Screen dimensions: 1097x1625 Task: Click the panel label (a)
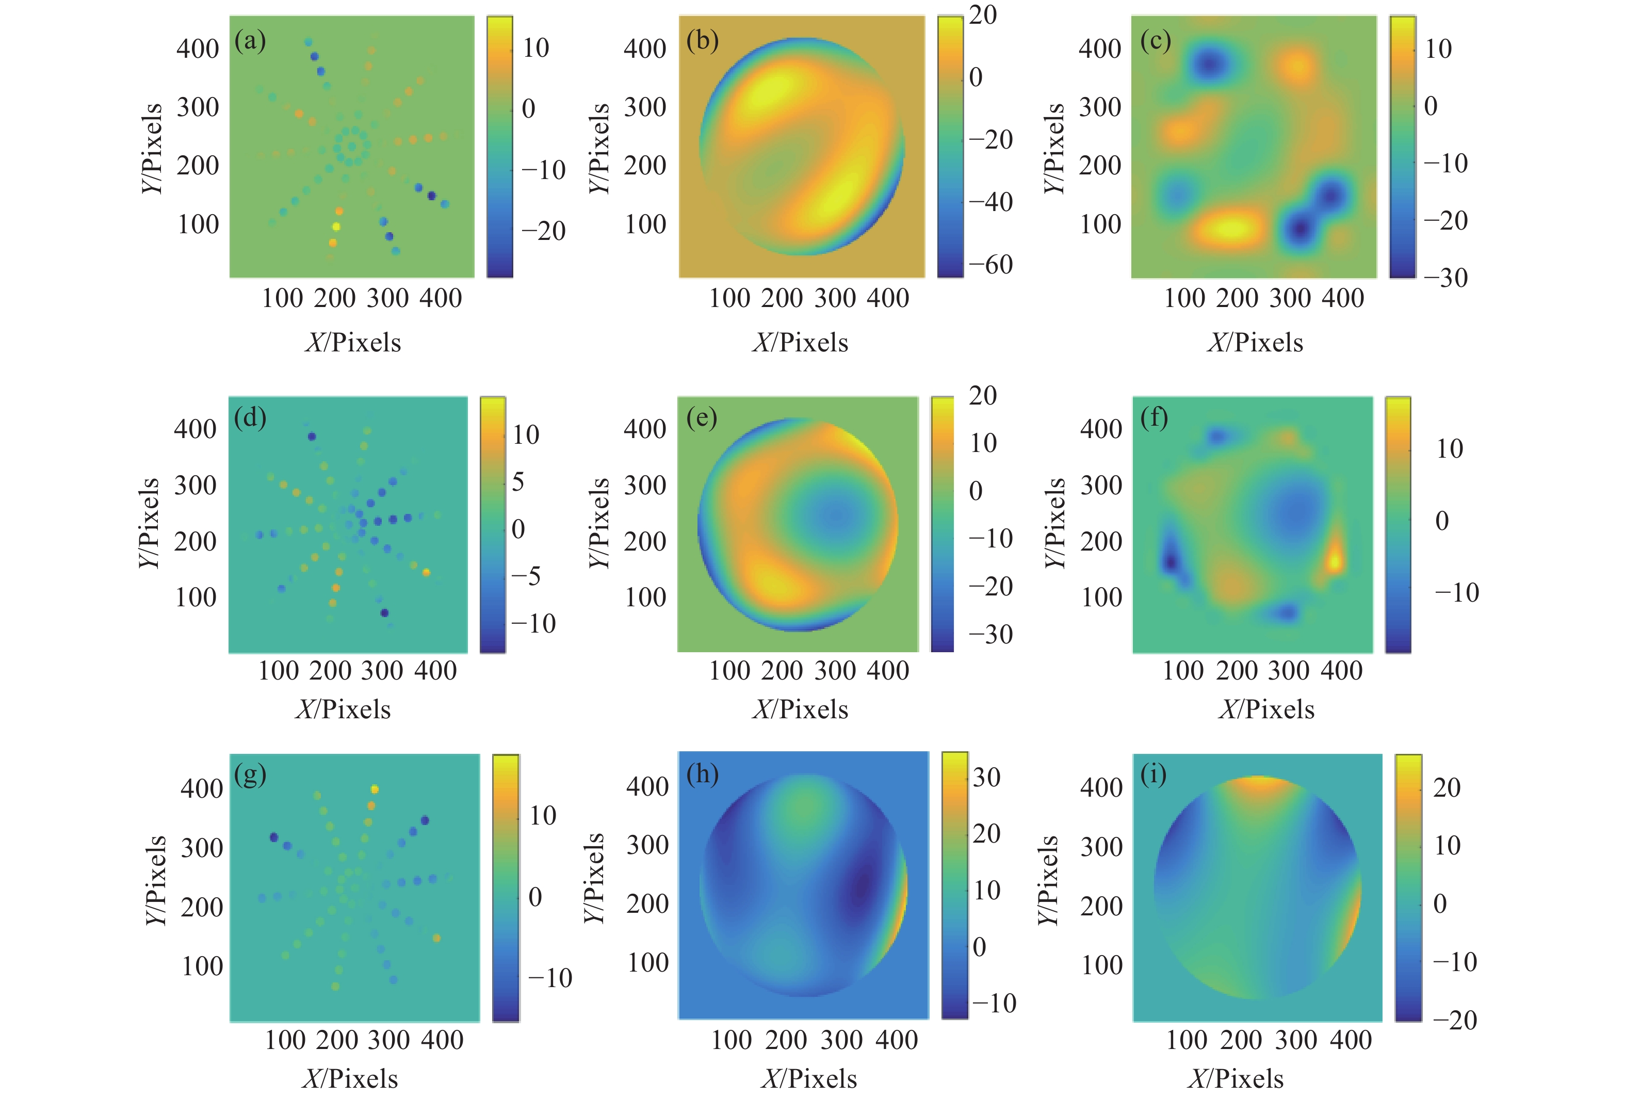(x=250, y=42)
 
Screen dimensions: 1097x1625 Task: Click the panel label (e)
(x=702, y=418)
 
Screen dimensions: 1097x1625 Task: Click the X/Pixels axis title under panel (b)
(x=800, y=343)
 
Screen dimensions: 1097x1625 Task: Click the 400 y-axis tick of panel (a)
(x=198, y=49)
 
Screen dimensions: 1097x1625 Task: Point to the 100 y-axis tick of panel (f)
(x=1101, y=597)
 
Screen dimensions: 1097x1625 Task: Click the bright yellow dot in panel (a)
(x=336, y=227)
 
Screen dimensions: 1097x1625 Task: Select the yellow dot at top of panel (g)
(x=374, y=789)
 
